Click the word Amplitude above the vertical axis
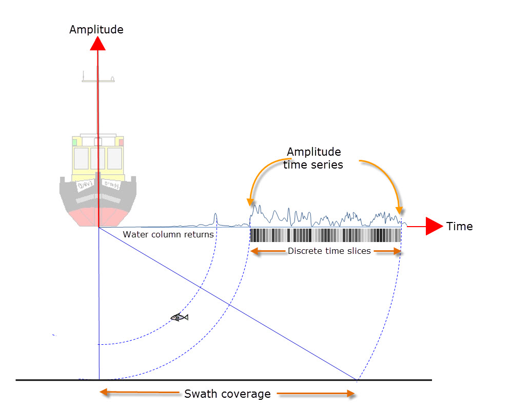96,30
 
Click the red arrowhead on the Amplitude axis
97,44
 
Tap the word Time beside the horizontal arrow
459,226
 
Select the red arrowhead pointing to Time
434,226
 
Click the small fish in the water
179,317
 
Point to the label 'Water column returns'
168,235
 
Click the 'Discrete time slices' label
329,251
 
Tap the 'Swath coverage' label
227,394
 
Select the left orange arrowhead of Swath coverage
104,393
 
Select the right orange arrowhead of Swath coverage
350,394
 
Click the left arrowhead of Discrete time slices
254,251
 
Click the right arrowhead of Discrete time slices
397,251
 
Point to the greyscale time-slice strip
325,235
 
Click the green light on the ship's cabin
74,142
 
